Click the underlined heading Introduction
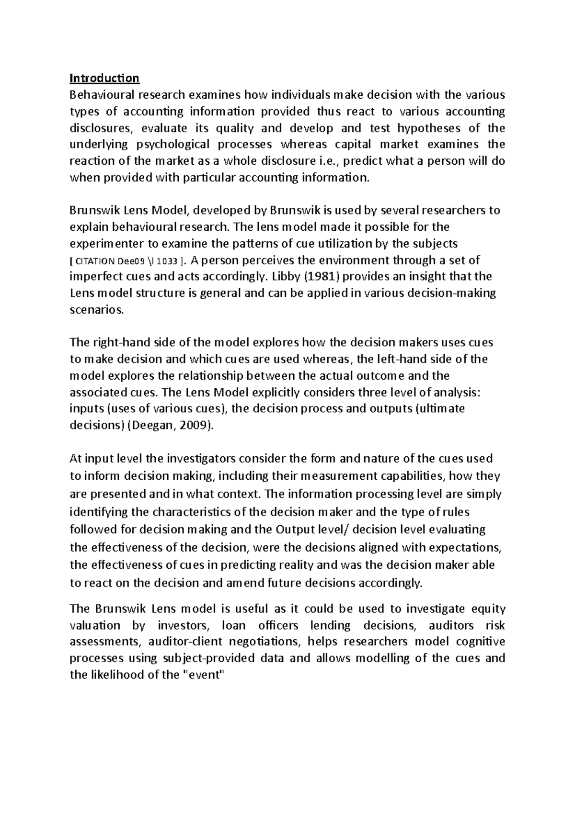(104, 78)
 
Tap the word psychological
(173, 145)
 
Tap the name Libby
(284, 277)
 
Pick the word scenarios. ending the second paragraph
(96, 310)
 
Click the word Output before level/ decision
(293, 530)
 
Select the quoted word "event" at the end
(205, 675)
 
